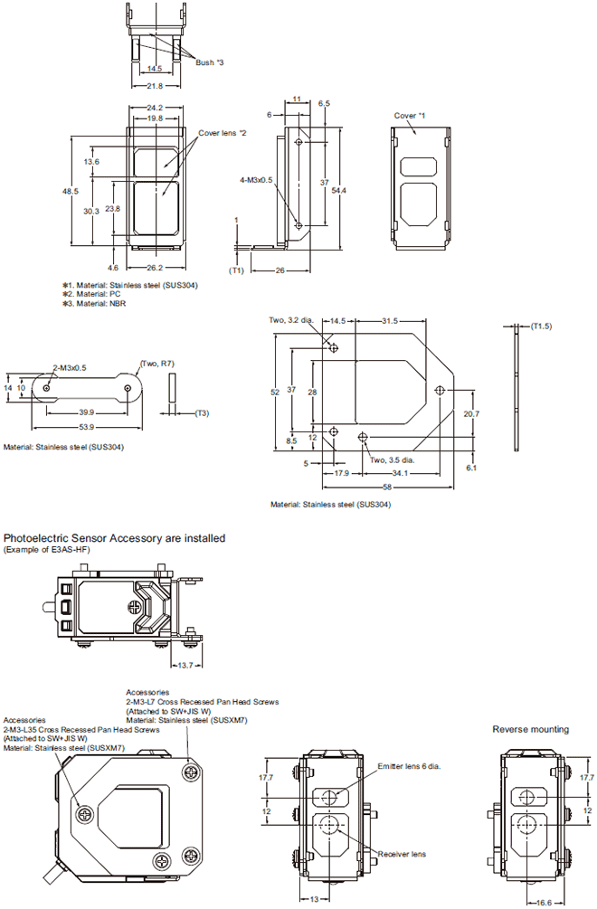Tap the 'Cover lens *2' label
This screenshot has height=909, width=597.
pos(222,133)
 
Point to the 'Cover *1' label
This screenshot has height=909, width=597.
pos(409,116)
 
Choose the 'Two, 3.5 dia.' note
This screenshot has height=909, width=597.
pos(397,459)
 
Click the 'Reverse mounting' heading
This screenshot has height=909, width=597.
pos(531,728)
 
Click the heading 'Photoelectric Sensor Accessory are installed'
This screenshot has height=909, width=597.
pos(115,538)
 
